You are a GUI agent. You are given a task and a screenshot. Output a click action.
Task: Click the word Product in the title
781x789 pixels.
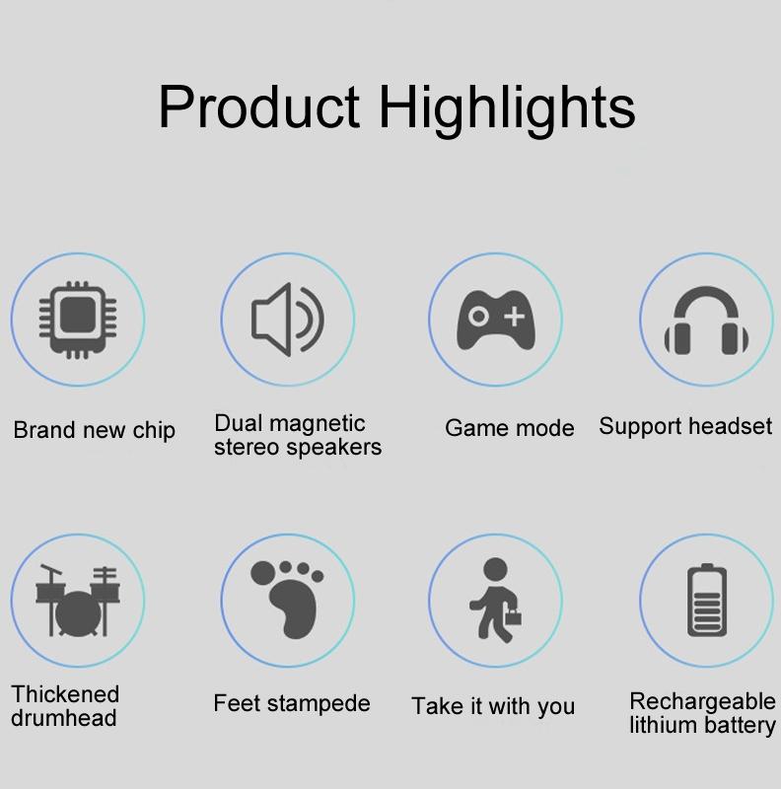(x=259, y=108)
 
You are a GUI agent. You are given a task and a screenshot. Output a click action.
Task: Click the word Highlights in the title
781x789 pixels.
(x=507, y=109)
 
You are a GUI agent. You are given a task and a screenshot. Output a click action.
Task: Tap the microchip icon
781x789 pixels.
(x=78, y=320)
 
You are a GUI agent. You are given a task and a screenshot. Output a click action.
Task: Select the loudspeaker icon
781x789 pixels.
(x=288, y=320)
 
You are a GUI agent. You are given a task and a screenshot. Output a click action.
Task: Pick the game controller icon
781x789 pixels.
(x=496, y=320)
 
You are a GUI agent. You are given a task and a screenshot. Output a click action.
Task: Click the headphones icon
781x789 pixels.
(x=706, y=321)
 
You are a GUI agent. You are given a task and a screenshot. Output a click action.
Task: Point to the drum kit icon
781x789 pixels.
(x=78, y=601)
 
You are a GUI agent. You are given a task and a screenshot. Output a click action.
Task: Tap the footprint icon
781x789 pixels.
(x=287, y=600)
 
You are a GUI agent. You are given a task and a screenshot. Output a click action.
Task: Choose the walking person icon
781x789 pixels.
(x=496, y=600)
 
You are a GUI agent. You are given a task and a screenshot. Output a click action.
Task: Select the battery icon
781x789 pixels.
(x=707, y=601)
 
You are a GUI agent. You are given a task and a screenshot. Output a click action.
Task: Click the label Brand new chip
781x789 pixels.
(x=94, y=431)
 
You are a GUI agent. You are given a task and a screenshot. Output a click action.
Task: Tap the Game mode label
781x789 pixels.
(x=509, y=428)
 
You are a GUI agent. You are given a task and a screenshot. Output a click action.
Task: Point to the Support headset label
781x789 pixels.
(x=685, y=427)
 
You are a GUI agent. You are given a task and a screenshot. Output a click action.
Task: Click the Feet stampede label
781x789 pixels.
(x=291, y=703)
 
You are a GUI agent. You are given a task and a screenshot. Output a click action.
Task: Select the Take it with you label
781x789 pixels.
(x=493, y=706)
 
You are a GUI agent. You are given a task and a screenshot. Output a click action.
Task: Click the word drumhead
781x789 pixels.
(x=63, y=718)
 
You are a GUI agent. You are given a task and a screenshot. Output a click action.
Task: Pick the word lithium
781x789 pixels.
(x=665, y=725)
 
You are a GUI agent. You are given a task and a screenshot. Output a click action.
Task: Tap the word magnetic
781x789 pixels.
(x=318, y=424)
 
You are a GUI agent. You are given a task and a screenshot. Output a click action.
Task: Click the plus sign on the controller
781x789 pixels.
(x=515, y=317)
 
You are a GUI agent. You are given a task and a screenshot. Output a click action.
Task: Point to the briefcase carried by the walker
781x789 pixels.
(x=513, y=617)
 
